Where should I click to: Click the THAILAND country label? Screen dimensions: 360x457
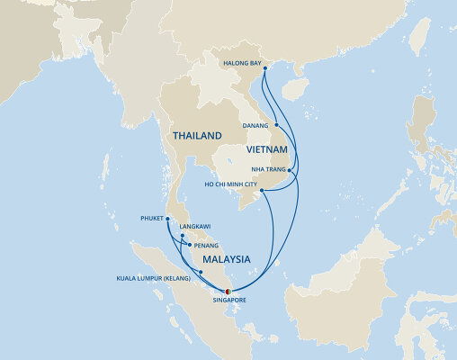click(x=196, y=135)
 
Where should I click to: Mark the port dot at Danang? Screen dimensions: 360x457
click(x=277, y=125)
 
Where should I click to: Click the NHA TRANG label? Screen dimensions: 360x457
click(x=266, y=168)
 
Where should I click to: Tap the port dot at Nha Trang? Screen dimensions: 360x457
click(x=288, y=168)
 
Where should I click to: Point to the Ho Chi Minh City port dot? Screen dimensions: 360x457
click(x=260, y=190)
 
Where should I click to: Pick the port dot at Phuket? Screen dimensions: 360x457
click(x=167, y=218)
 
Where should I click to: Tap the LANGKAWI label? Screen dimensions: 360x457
click(x=196, y=227)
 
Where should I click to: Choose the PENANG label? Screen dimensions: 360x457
click(x=206, y=243)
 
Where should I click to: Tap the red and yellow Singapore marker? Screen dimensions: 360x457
click(x=228, y=291)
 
